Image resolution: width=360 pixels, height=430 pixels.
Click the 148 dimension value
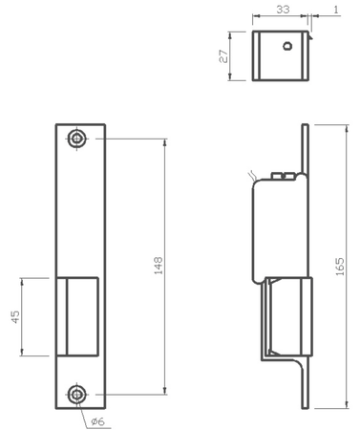tap(159, 265)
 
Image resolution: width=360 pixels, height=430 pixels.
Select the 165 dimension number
tap(341, 267)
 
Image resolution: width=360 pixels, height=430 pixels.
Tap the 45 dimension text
tap(15, 316)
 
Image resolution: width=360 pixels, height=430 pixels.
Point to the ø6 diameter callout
tap(99, 420)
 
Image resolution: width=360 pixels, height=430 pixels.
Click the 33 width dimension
tap(282, 9)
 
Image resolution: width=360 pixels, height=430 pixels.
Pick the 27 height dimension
tap(222, 55)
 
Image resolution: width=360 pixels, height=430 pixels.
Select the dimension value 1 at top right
tap(337, 9)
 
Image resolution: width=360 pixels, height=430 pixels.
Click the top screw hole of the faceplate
tap(76, 139)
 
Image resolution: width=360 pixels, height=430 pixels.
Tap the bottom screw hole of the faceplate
tap(76, 394)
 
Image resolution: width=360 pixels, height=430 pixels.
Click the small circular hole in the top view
tap(286, 45)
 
